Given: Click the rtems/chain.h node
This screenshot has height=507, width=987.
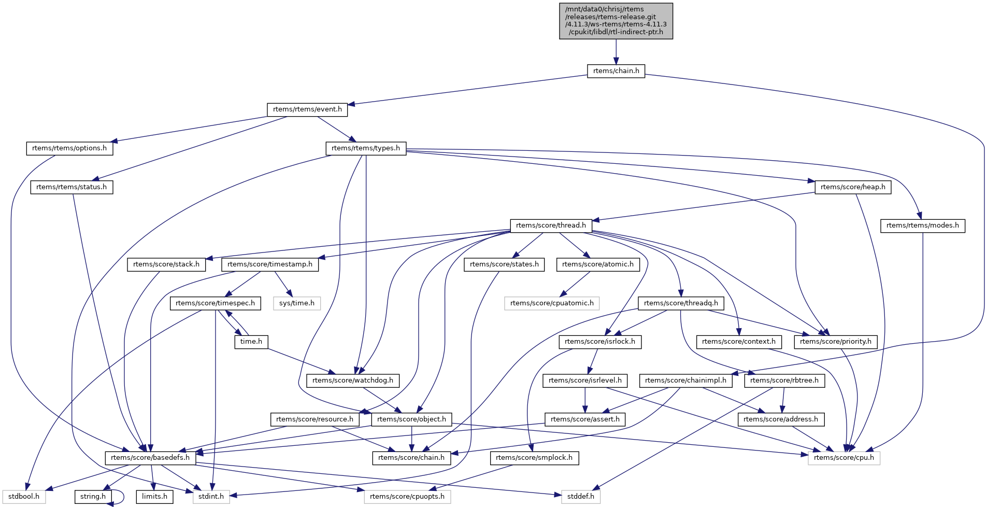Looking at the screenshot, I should pos(616,71).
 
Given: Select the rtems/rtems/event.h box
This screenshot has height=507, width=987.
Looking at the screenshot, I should pos(307,109).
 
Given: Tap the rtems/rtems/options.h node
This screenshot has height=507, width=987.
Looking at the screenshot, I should pos(69,148).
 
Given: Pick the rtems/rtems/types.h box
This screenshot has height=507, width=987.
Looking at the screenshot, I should pos(366,148).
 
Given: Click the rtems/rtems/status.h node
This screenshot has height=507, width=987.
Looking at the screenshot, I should pos(71,187).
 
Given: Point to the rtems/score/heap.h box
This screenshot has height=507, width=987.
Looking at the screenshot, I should pos(853,187).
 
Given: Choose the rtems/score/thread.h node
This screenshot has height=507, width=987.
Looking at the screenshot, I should pos(551,226).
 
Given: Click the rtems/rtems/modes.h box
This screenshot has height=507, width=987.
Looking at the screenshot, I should pos(922,226).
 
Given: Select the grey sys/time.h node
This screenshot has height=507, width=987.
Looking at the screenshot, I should pos(297,303).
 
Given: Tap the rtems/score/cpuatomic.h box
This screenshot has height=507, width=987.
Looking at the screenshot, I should pos(552,303).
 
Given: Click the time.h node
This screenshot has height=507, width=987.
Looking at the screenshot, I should pos(251,342).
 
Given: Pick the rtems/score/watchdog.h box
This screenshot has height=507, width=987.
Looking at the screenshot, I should pos(353,381).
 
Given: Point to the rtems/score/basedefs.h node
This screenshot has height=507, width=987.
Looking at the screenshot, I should pos(150,458).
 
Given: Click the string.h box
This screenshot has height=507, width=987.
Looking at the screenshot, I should pos(93,497).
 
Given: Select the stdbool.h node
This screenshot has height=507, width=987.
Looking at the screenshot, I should pos(24,497).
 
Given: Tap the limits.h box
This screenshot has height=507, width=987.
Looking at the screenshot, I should pos(155,497).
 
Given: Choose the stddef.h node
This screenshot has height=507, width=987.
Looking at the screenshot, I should pos(580,497).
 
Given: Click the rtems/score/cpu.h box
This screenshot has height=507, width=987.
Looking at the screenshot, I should pos(843,458).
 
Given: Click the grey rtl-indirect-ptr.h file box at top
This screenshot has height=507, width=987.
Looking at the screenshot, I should pos(616,21).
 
